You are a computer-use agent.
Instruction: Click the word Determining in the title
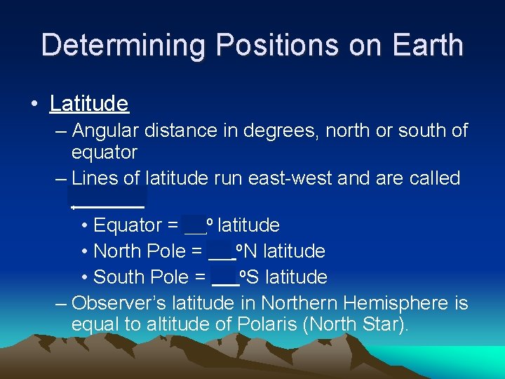[123, 45]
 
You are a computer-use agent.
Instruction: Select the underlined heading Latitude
[89, 104]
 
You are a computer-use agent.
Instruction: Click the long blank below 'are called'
[108, 201]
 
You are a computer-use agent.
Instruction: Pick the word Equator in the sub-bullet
[127, 225]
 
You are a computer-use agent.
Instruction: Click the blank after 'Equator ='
[194, 225]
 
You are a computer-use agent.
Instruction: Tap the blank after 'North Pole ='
[221, 251]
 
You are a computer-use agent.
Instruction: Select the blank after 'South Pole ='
[224, 277]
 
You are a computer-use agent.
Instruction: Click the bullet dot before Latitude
[34, 105]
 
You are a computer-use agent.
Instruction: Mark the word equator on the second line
[105, 152]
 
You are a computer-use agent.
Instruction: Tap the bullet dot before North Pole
[84, 251]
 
